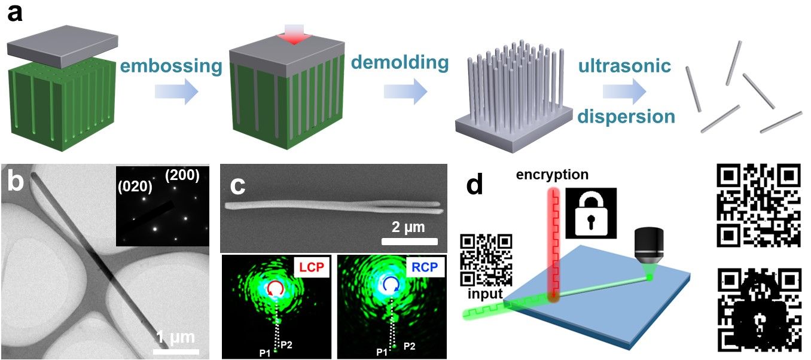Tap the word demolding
400,62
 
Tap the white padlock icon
585,213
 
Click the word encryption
553,175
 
